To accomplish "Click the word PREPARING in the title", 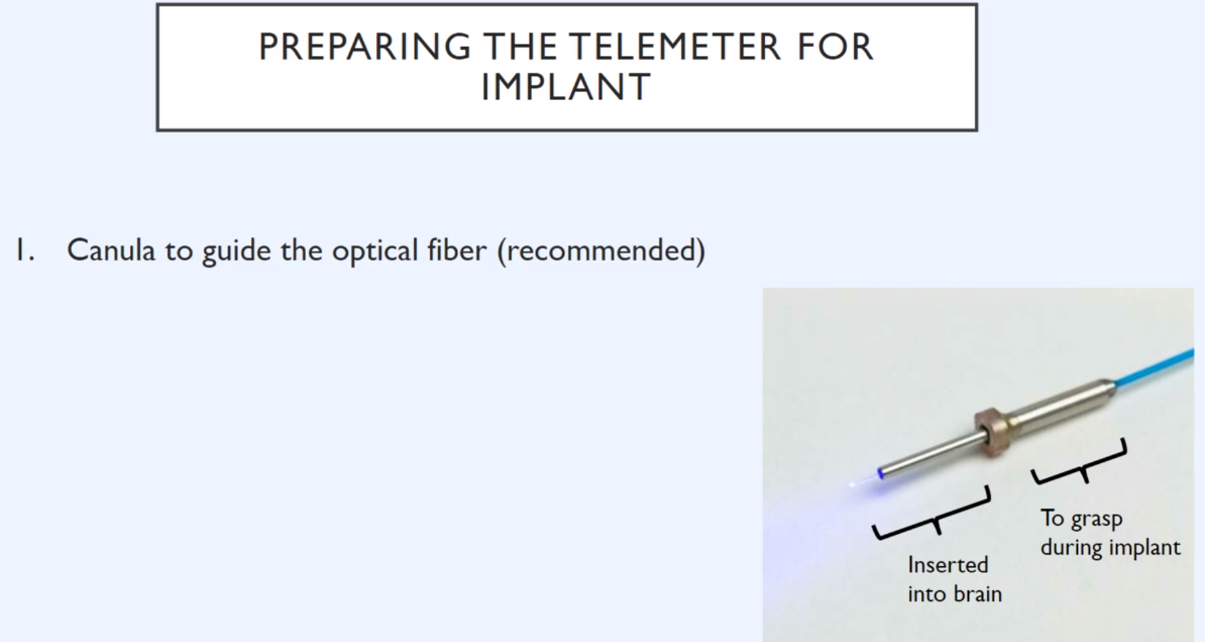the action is tap(364, 47).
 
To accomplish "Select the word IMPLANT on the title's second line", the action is tap(566, 87).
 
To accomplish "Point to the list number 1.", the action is tap(25, 250).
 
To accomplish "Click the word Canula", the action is tap(111, 250).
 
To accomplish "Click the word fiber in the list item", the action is tap(457, 250).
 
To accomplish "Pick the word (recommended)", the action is tap(601, 251).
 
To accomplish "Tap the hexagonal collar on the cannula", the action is tap(989, 430).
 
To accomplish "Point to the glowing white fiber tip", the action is tap(853, 484).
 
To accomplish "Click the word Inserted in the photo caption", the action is tap(948, 565).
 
